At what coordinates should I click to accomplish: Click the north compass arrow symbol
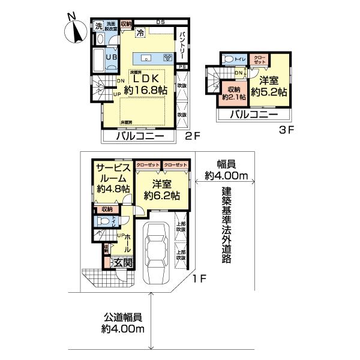[74, 29]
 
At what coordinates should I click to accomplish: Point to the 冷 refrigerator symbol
[140, 33]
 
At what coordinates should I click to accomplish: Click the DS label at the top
[160, 23]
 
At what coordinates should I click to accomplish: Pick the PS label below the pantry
[182, 67]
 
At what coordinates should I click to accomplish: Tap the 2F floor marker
[191, 137]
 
